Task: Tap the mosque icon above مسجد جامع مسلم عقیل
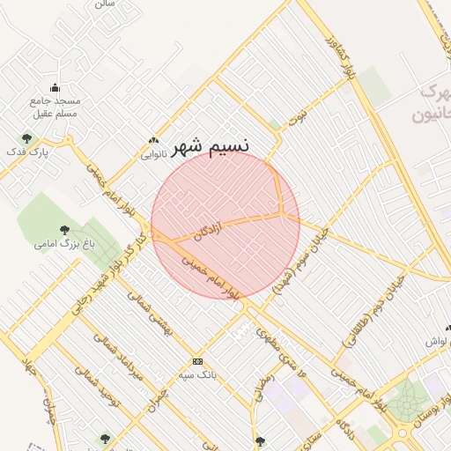click(x=55, y=87)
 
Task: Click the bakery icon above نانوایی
click(x=154, y=139)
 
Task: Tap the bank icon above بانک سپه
click(x=197, y=361)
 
